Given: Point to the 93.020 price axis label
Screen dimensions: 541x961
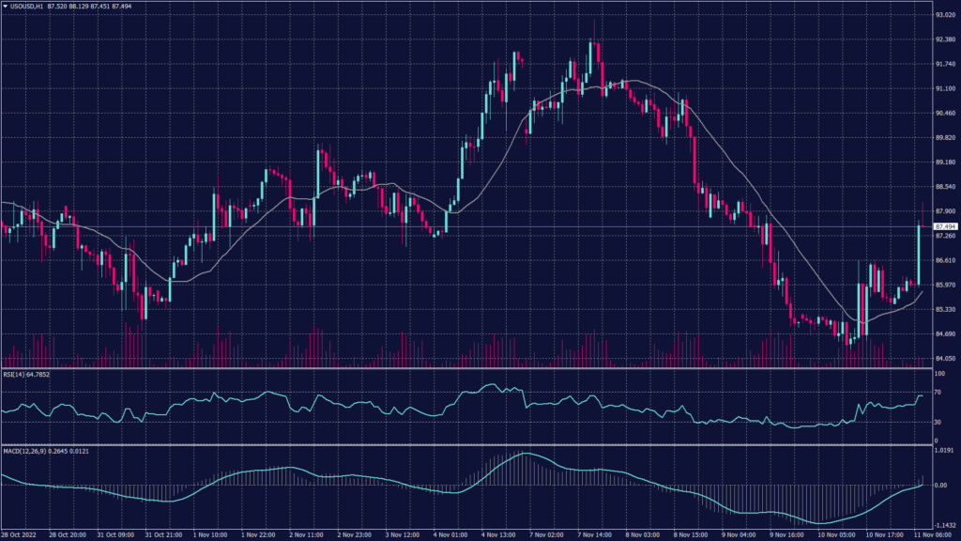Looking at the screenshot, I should pos(945,15).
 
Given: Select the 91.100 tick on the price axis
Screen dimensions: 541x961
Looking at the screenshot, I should pos(945,88).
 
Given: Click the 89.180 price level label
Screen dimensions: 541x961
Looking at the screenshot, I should pos(945,162).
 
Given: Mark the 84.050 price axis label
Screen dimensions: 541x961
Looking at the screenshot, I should pos(945,358).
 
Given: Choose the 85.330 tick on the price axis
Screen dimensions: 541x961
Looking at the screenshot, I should pos(945,309).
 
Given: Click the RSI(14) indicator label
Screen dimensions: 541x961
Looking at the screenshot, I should pos(14,374).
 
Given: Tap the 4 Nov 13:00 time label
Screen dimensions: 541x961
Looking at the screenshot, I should pos(501,535).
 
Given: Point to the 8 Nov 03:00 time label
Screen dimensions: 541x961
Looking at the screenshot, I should pos(645,535).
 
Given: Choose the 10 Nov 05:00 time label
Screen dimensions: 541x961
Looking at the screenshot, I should pos(836,535).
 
